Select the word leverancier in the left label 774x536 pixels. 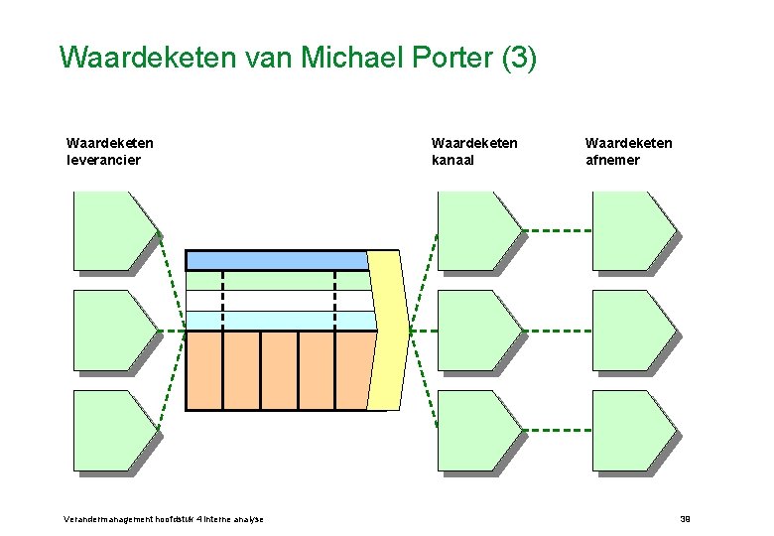pyautogui.click(x=103, y=160)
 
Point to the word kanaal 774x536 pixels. pyautogui.click(x=453, y=160)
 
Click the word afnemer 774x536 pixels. pyautogui.click(x=612, y=160)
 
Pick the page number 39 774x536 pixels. pyautogui.click(x=684, y=519)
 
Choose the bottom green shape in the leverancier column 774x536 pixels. pyautogui.click(x=111, y=429)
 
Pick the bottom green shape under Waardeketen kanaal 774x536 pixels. pyautogui.click(x=475, y=429)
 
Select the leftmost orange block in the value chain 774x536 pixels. pyautogui.click(x=203, y=369)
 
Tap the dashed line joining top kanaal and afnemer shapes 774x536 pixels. pyautogui.click(x=557, y=230)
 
